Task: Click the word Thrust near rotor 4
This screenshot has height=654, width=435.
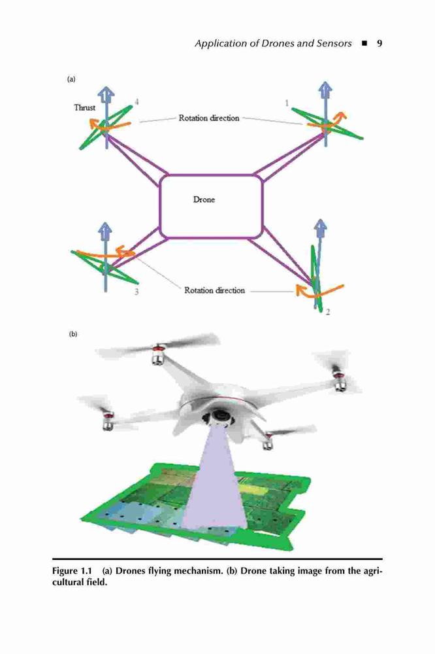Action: [85, 108]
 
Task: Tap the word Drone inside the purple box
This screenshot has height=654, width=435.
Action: [204, 199]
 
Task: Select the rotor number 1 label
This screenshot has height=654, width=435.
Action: [287, 103]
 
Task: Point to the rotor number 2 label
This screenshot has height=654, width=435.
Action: [328, 312]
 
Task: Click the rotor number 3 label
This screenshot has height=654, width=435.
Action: [137, 292]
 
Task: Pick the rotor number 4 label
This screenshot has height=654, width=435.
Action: [137, 102]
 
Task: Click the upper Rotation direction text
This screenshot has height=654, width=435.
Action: [209, 118]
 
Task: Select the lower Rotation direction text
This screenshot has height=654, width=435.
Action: [215, 290]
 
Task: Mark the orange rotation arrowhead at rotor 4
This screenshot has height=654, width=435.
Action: [95, 124]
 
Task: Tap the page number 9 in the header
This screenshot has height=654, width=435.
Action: [379, 43]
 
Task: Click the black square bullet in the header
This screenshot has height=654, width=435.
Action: [364, 43]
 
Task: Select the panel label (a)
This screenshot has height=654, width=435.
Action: [71, 79]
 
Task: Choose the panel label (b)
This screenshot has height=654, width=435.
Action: [73, 334]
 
